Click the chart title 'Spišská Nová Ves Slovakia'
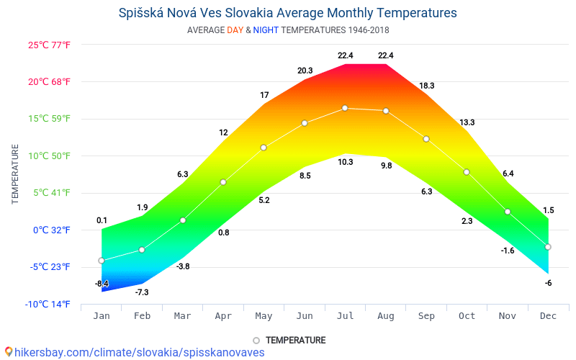click(x=287, y=13)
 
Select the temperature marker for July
click(x=345, y=108)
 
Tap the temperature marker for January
click(x=102, y=261)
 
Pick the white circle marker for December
click(x=548, y=247)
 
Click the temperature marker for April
click(x=223, y=182)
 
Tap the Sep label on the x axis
click(x=426, y=316)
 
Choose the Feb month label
click(x=142, y=316)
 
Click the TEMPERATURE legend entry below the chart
click(x=295, y=341)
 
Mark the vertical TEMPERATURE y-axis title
click(x=15, y=174)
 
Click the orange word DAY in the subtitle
click(x=235, y=30)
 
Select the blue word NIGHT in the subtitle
click(x=265, y=30)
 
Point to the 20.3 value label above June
click(x=305, y=71)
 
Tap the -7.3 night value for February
click(x=142, y=292)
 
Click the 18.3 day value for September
click(x=426, y=86)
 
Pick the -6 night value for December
click(x=548, y=283)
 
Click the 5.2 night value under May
click(x=264, y=200)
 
